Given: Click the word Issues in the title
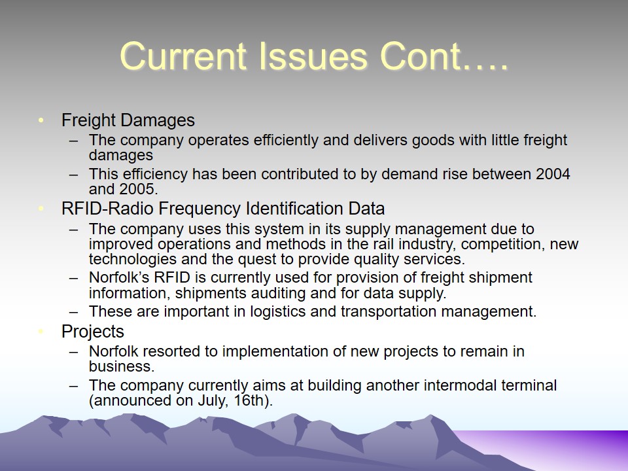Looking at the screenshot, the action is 313,56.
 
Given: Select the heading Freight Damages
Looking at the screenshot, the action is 128,120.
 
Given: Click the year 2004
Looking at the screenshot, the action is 553,174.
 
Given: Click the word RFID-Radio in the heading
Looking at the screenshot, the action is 107,209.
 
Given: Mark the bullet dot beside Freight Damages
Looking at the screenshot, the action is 41,120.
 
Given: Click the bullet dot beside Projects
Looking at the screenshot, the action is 41,331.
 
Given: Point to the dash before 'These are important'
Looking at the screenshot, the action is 73,312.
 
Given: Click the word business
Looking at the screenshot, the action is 122,366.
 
